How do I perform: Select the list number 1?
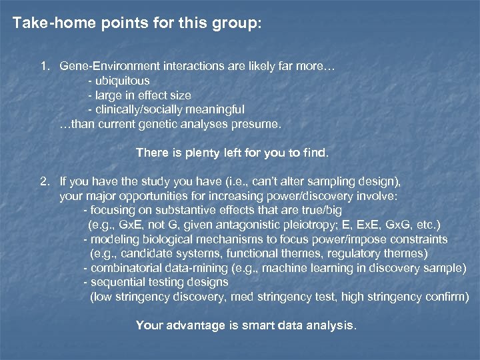44,67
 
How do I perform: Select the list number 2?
44,181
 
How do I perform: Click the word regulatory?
363,253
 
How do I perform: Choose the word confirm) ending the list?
447,297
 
